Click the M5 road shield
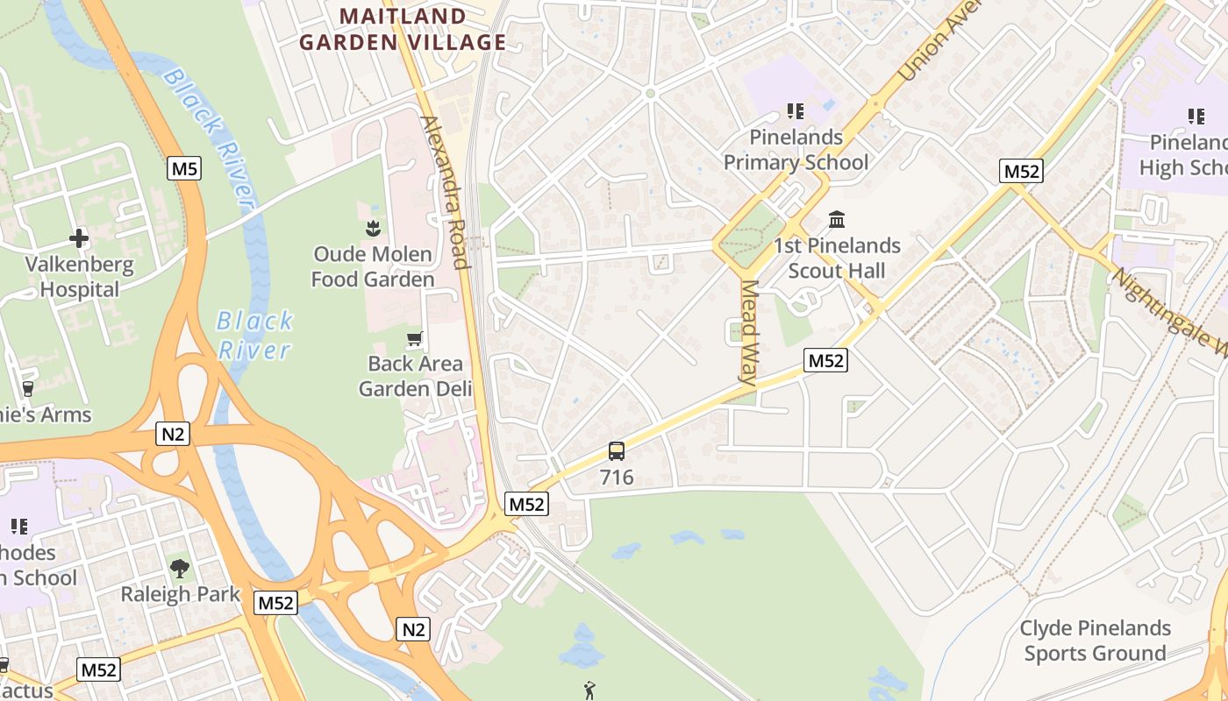point(184,168)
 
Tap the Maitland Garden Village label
point(403,29)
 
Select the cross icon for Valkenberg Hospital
point(79,238)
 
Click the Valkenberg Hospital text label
point(79,277)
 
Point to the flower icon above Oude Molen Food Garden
point(373,229)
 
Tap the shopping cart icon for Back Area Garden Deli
point(415,338)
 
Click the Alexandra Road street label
point(446,192)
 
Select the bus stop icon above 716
point(617,452)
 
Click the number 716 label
point(617,478)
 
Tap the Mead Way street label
point(748,333)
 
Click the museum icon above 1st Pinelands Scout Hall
point(837,219)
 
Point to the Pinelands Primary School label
point(796,150)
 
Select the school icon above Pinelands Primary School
point(796,111)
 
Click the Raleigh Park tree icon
point(180,569)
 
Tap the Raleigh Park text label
point(180,594)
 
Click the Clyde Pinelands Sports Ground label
point(1096,641)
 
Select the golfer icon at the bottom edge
point(589,690)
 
